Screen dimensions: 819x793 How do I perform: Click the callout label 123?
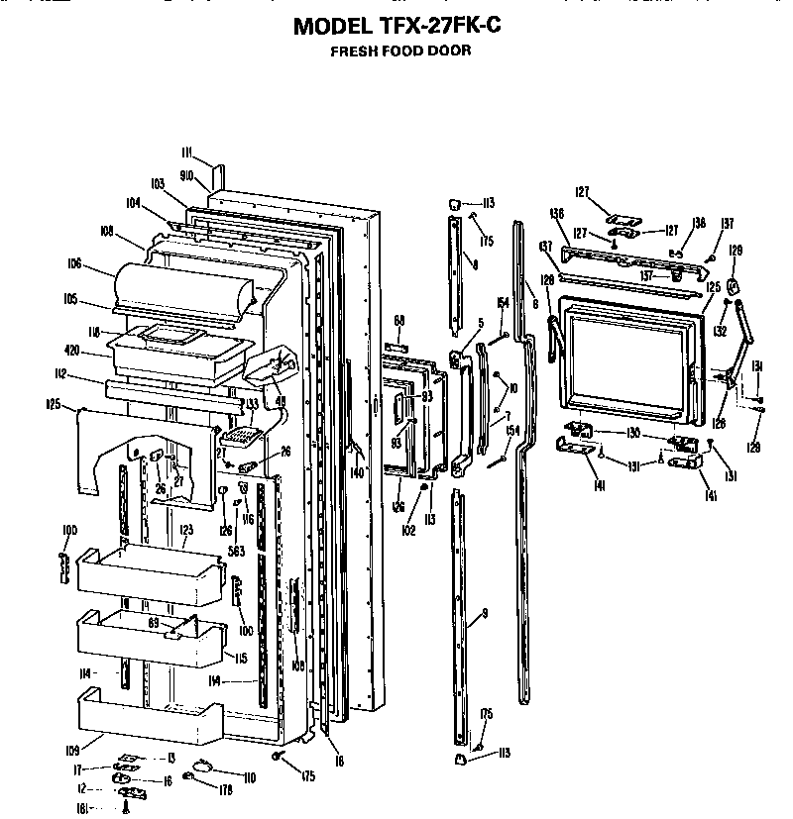click(x=185, y=531)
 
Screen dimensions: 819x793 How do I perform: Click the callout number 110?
click(x=249, y=777)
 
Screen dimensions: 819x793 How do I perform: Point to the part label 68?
click(x=399, y=320)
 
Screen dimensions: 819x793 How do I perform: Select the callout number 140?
click(x=357, y=472)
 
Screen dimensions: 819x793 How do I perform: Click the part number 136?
click(x=557, y=213)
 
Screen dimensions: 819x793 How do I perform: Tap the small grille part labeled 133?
click(x=238, y=434)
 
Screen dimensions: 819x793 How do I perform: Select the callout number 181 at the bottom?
click(x=83, y=808)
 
